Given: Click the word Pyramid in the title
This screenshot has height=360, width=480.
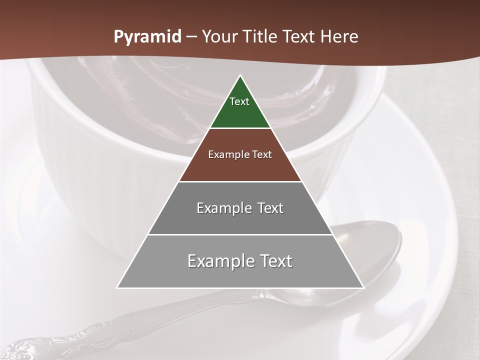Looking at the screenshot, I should (147, 37).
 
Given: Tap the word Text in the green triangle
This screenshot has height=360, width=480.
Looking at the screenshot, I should (239, 101).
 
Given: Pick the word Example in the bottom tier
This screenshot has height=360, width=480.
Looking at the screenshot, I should (218, 261).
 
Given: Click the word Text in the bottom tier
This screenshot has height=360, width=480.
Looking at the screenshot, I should (273, 261).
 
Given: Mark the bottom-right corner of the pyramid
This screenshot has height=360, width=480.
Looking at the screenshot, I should (363, 287).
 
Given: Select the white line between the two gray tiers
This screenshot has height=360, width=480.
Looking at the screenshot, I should (240, 234).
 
